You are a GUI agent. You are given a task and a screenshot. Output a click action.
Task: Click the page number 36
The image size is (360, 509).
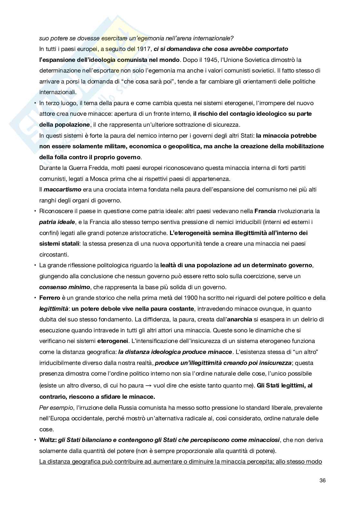coord(322,480)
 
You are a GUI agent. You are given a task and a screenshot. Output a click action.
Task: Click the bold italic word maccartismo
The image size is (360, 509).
coord(62,190)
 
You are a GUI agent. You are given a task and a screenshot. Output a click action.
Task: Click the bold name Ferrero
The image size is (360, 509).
coord(50,298)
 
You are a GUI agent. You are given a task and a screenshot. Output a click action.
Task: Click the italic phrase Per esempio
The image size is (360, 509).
coord(56,408)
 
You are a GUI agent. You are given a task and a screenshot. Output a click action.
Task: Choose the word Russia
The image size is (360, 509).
coord(146,408)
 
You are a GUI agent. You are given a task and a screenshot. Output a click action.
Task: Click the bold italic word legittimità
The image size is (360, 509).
coord(54,309)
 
